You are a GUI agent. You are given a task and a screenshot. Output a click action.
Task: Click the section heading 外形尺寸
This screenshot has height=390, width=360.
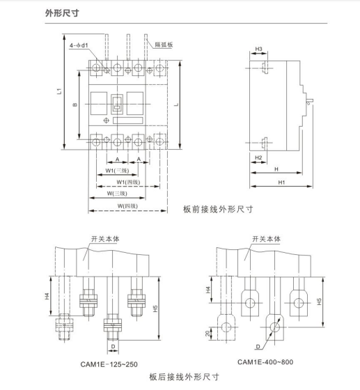(62, 13)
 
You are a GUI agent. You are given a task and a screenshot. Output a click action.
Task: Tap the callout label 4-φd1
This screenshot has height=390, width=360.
(79, 45)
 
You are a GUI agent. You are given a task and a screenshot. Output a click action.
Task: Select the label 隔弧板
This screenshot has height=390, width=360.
(164, 45)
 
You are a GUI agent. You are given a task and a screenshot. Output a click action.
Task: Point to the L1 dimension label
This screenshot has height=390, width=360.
(59, 91)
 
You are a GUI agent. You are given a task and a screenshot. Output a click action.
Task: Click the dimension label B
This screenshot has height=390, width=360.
(75, 104)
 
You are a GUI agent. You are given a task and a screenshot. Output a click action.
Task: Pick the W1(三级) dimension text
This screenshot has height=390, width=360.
(118, 171)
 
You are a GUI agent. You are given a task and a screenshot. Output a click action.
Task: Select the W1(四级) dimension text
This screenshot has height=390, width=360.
(128, 182)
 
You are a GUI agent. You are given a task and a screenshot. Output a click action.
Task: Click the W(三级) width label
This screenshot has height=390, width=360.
(117, 194)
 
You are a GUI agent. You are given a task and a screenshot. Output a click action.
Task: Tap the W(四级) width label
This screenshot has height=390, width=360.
(127, 206)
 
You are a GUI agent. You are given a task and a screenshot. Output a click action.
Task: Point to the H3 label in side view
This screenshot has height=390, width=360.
(259, 49)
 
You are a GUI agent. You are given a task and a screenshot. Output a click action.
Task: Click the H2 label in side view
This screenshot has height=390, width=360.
(258, 157)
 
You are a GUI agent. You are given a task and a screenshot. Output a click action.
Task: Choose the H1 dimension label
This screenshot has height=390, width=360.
(281, 182)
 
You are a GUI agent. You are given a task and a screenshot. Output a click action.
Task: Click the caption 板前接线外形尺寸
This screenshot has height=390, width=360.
(218, 210)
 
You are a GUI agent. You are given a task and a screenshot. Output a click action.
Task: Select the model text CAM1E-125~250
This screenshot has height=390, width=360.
(109, 364)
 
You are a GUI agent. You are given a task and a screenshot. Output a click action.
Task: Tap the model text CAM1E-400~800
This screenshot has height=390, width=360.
(265, 362)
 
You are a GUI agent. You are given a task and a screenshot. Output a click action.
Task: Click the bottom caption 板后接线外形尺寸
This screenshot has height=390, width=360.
(185, 377)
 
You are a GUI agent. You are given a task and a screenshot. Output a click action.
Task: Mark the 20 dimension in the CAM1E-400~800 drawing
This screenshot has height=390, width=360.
(208, 334)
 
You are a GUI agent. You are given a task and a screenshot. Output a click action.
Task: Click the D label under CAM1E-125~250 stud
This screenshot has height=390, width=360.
(113, 347)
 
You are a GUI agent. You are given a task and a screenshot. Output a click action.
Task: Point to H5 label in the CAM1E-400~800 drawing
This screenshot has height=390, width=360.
(319, 302)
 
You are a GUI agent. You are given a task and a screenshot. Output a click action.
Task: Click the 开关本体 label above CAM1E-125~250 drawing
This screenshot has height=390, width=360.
(105, 239)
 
